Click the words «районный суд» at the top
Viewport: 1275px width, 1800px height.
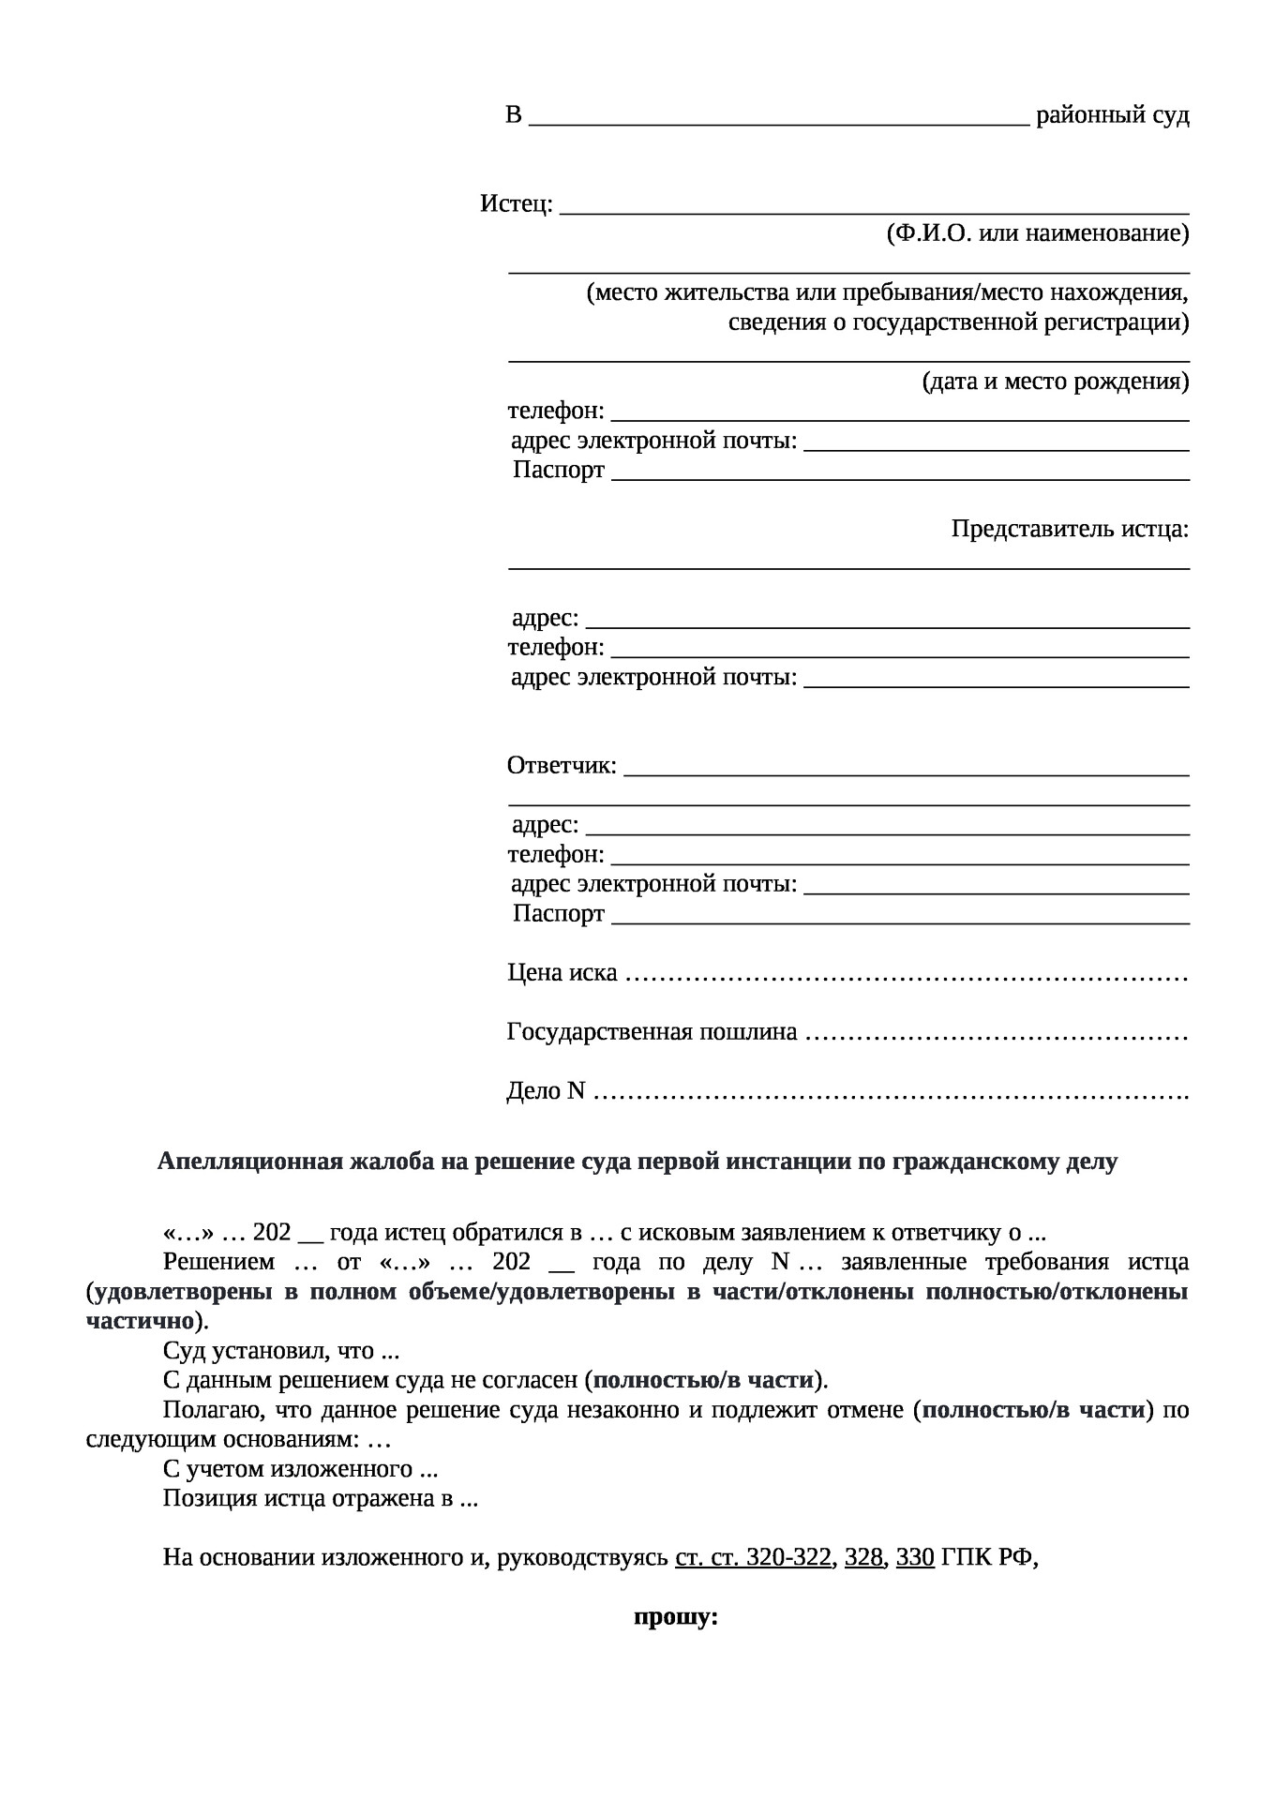pos(1112,115)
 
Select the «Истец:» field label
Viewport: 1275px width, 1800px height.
pos(516,203)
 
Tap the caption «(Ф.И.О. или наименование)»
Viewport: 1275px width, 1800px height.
pos(1038,233)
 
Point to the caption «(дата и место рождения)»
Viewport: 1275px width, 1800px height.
pos(1056,382)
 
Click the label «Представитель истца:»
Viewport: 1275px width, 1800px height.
pos(1070,529)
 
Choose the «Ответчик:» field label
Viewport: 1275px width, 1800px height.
pos(562,766)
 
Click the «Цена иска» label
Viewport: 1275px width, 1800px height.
pos(562,973)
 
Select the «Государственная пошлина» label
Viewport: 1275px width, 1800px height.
pos(652,1032)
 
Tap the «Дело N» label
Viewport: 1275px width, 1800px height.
pos(546,1091)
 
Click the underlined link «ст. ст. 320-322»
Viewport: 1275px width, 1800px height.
pos(753,1557)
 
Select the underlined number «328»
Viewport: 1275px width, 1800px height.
pos(863,1557)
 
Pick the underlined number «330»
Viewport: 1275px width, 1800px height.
pos(915,1557)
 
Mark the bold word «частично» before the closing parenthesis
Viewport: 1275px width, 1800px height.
pos(140,1321)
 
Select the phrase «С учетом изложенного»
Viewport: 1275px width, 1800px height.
pos(288,1468)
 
